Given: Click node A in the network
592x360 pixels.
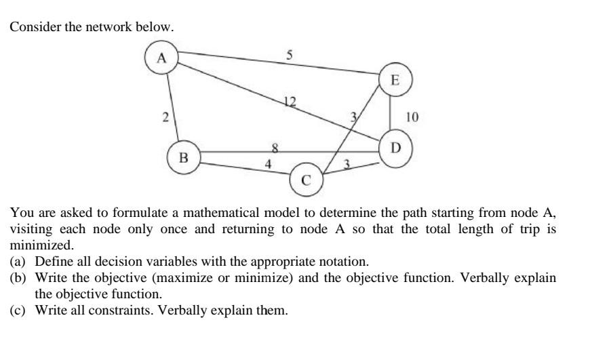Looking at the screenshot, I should [x=161, y=57].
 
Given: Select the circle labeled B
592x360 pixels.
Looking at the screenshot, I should [x=183, y=158].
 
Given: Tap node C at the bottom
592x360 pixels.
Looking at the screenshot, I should [x=306, y=180].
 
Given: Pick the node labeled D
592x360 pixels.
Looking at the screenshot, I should [x=396, y=147].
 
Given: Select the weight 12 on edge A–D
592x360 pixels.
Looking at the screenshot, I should [x=290, y=102].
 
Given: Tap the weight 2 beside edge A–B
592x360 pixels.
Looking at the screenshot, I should [x=165, y=117].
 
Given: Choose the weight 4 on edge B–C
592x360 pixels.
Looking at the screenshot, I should [x=269, y=163].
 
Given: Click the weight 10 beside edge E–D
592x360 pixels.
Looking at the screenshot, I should [x=412, y=117].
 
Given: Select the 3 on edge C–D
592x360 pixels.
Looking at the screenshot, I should [x=347, y=163].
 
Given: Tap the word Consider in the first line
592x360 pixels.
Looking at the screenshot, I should [x=31, y=27].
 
